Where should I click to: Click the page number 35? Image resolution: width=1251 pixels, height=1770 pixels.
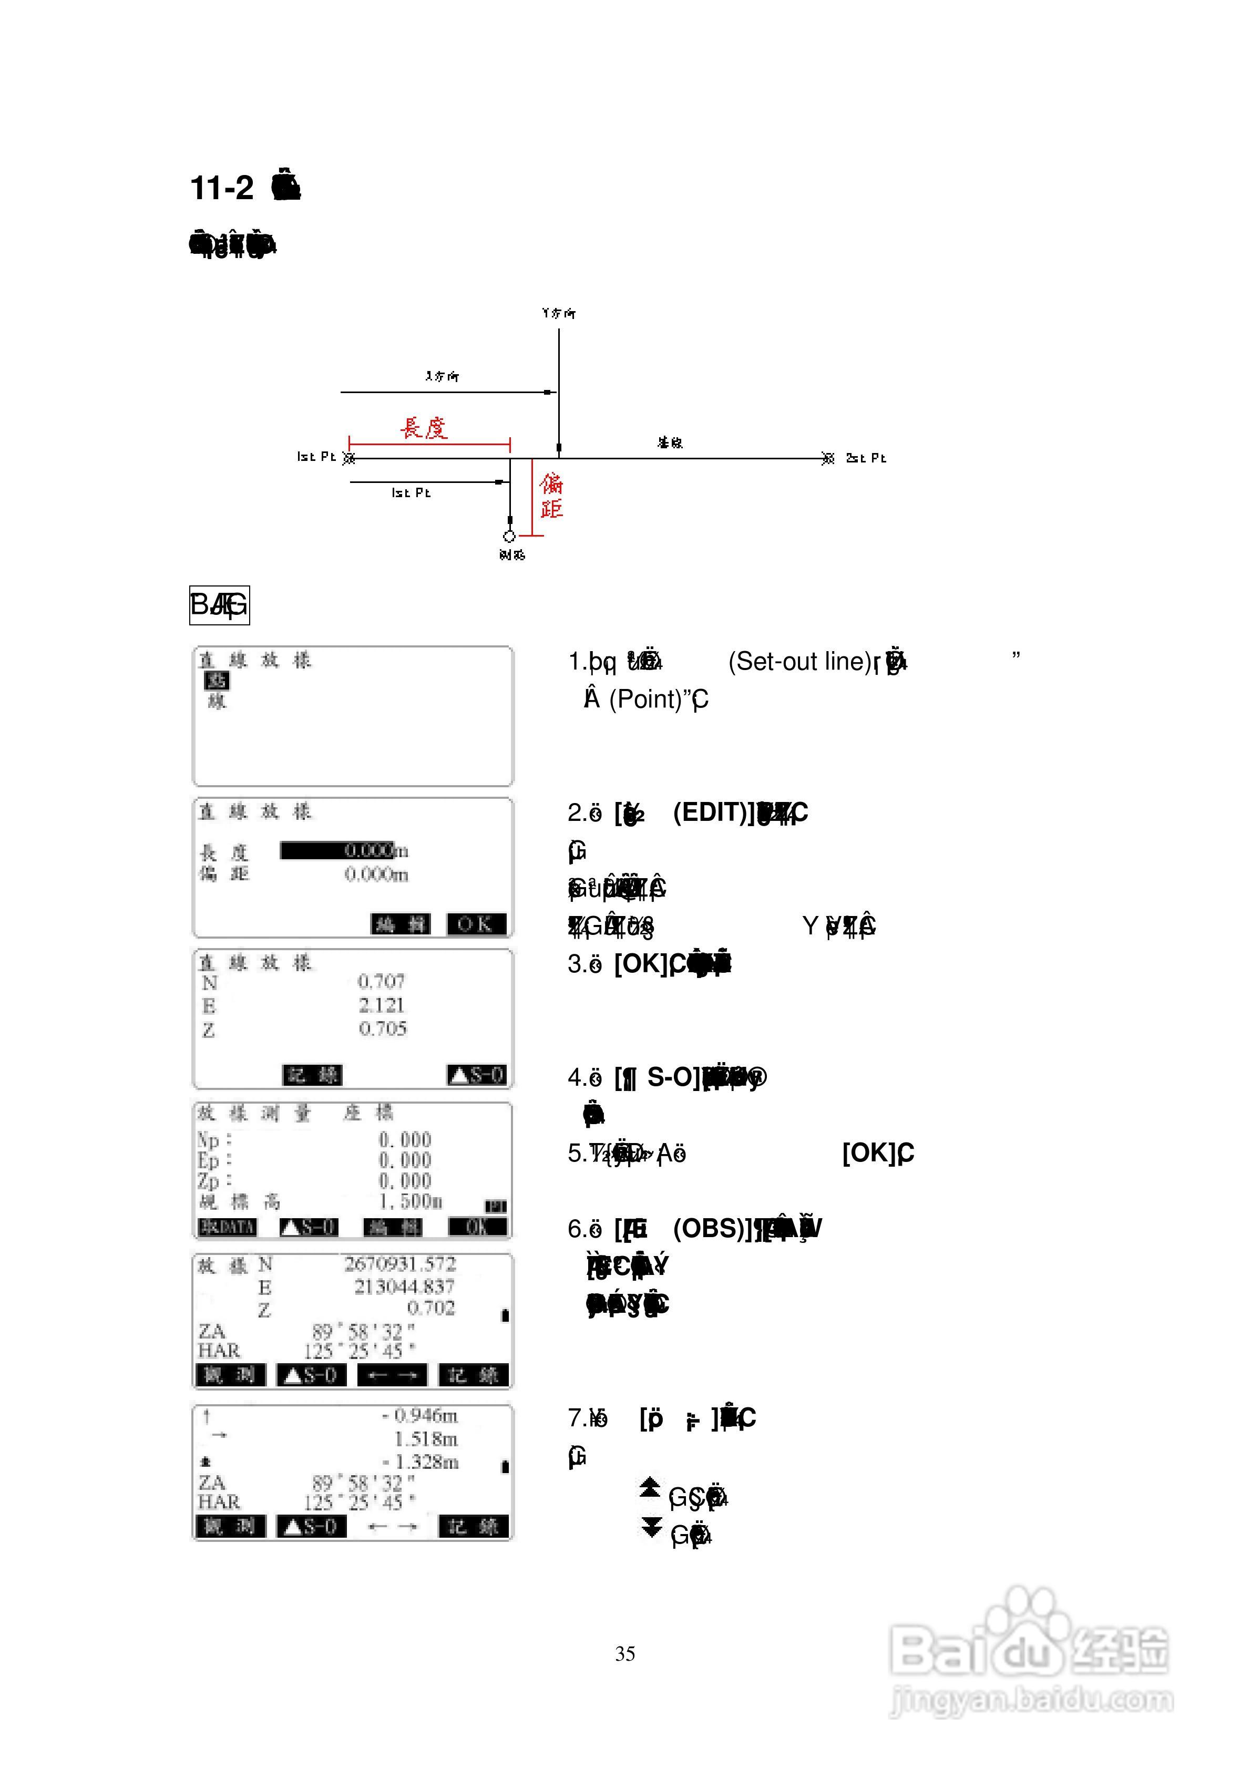pos(625,1653)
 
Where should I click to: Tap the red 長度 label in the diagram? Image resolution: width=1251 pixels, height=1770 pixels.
pos(424,427)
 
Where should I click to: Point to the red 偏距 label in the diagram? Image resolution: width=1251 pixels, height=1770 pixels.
pos(551,496)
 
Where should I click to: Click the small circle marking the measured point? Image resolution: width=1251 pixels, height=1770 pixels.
pos(509,536)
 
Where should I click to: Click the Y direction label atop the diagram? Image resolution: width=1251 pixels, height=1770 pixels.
pos(558,313)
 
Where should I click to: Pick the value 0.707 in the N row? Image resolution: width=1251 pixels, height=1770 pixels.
pos(381,981)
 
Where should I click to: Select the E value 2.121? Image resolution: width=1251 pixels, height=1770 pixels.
pos(381,1005)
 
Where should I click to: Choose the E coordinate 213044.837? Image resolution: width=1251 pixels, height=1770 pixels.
pos(404,1286)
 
